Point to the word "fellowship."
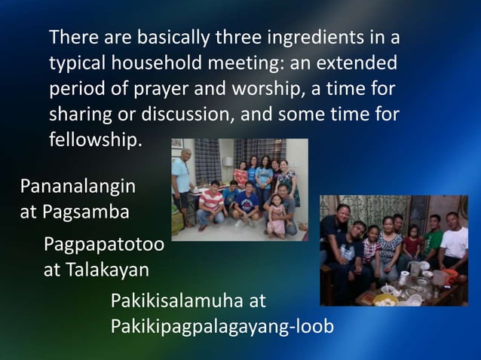pyautogui.click(x=95, y=141)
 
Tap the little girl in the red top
pyautogui.click(x=412, y=245)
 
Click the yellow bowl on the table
pyautogui.click(x=385, y=299)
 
